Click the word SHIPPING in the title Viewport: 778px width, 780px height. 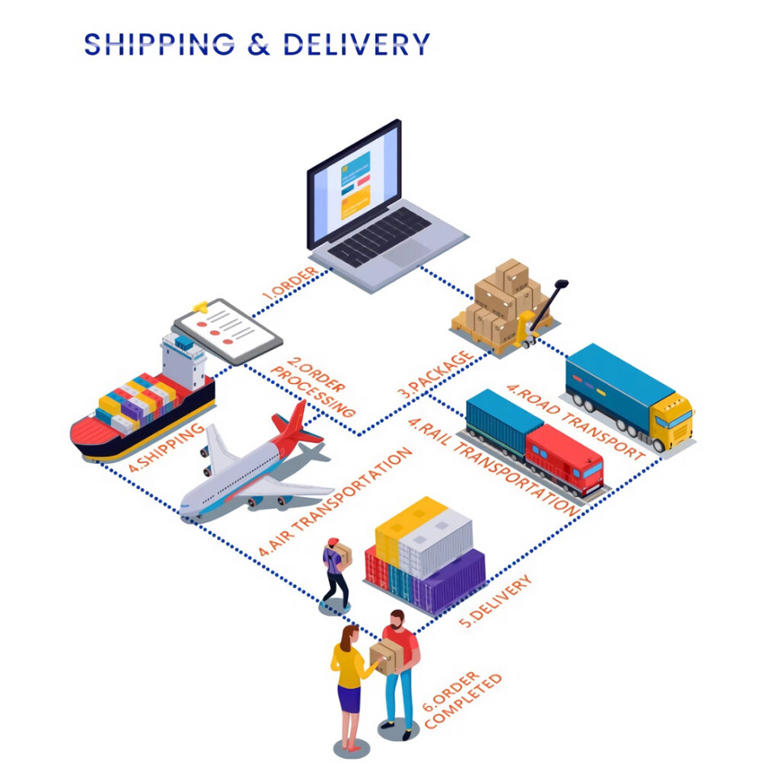click(x=159, y=43)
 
